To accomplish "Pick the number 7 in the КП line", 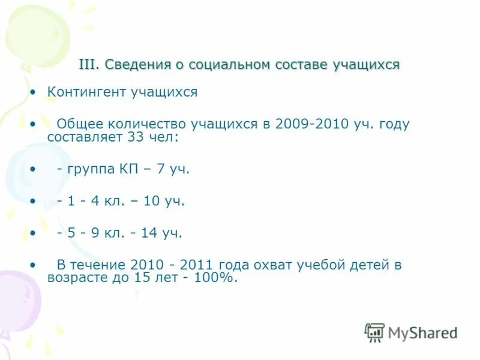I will pos(160,170).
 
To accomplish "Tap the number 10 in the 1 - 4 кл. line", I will pos(151,202).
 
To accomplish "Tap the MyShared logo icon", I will pos(374,332).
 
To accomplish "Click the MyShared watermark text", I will pos(422,332).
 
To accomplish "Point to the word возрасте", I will pos(76,278).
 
